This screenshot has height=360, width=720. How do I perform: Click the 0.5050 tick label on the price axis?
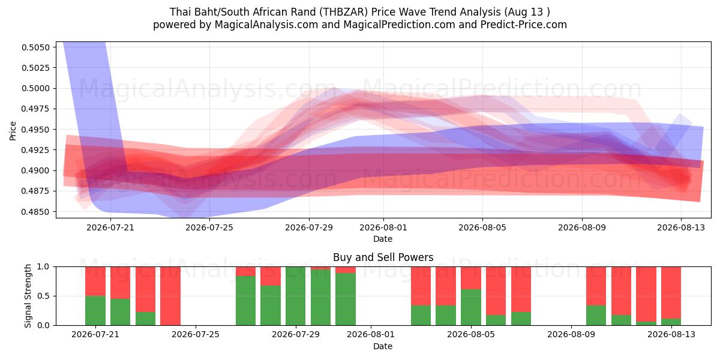click(x=35, y=47)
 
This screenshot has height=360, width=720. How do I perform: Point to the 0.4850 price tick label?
click(x=35, y=212)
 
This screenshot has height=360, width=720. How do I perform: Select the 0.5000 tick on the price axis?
click(x=35, y=88)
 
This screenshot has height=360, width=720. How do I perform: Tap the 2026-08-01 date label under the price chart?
click(x=383, y=227)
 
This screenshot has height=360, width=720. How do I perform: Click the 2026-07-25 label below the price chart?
click(x=209, y=227)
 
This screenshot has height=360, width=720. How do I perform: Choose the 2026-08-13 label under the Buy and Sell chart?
click(x=671, y=334)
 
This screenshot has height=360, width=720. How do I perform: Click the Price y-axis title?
click(x=13, y=131)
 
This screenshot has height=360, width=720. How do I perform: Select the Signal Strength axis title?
click(x=28, y=296)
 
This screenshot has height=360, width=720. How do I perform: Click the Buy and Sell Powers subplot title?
click(x=383, y=257)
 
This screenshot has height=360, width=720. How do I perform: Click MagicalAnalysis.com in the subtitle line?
click(x=266, y=25)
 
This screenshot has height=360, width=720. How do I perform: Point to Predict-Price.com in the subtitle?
click(x=524, y=25)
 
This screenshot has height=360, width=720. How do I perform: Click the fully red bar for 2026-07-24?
click(x=170, y=296)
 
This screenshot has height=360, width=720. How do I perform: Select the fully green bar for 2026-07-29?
click(x=295, y=296)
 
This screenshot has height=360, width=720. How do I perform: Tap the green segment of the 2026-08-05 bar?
click(x=471, y=307)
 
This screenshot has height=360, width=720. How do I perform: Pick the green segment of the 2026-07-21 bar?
click(x=95, y=310)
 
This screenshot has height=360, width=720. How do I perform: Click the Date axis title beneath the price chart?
click(x=383, y=239)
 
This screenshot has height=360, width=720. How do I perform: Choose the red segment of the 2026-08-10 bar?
click(x=596, y=286)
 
